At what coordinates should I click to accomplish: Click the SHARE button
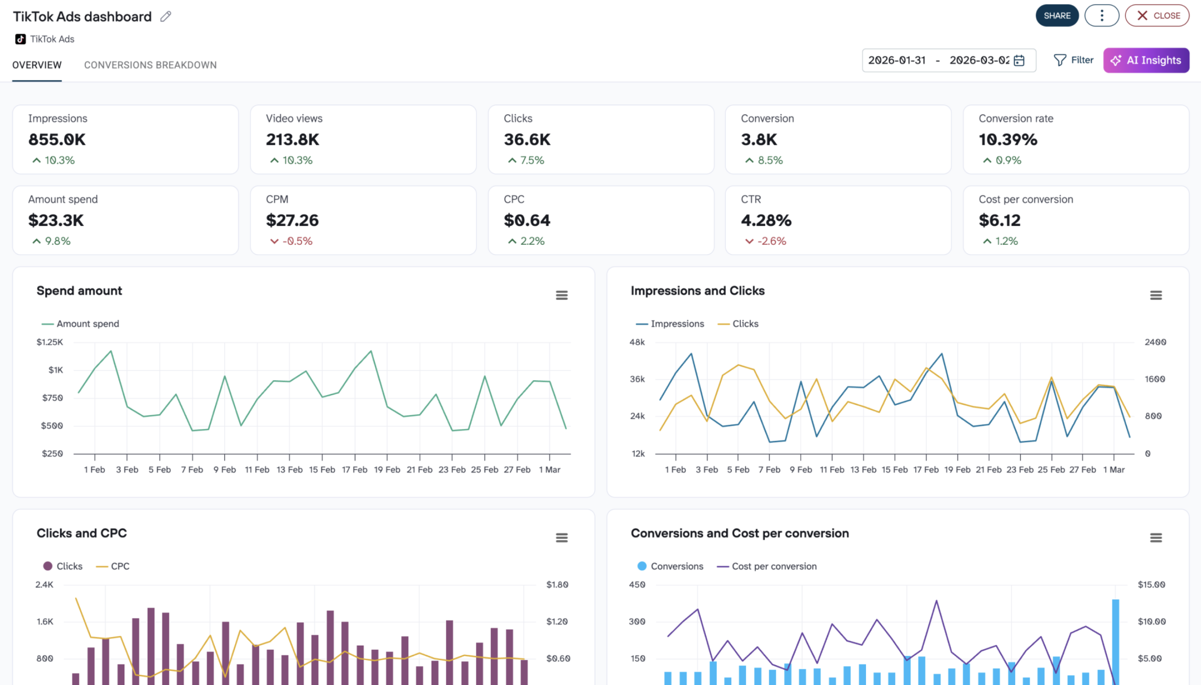[x=1057, y=15]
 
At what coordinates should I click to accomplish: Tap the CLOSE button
[x=1157, y=15]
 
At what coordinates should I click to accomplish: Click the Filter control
[x=1073, y=60]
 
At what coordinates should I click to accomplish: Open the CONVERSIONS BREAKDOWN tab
[x=150, y=65]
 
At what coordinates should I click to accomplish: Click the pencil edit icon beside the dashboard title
[x=165, y=16]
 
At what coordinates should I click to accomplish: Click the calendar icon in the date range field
[x=1019, y=60]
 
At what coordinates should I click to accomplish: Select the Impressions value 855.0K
[x=57, y=139]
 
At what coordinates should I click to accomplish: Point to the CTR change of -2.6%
[x=771, y=241]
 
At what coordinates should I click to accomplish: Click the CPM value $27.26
[x=292, y=220]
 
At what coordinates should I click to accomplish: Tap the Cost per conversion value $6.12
[x=999, y=220]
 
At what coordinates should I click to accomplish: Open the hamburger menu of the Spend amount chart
[x=562, y=295]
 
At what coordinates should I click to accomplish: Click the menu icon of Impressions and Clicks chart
[x=1155, y=295]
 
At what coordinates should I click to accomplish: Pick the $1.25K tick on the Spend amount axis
[x=50, y=342]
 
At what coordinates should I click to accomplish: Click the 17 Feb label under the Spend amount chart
[x=354, y=469]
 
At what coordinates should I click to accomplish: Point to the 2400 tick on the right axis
[x=1155, y=342]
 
